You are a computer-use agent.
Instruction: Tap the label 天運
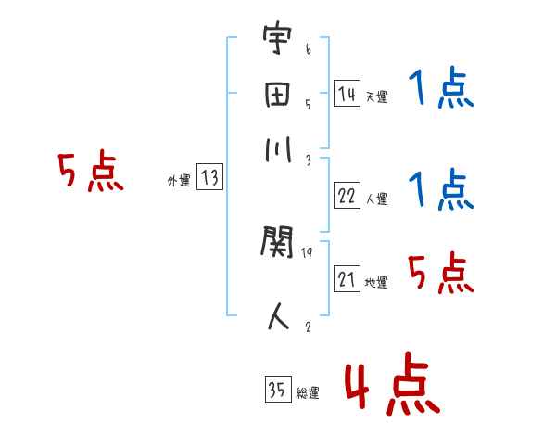[376, 96]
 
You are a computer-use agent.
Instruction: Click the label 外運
[179, 182]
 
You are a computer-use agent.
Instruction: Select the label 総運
[308, 393]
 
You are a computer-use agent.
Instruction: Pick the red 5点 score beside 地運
[441, 274]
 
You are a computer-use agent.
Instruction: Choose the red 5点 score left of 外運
[90, 173]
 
